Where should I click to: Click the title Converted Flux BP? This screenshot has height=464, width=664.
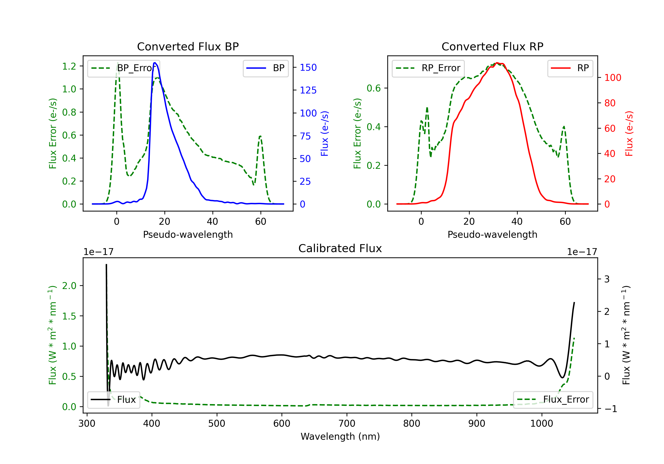coord(188,46)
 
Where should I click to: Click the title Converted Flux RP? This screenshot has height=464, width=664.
coord(492,46)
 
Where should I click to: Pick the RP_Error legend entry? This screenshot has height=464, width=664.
coord(428,68)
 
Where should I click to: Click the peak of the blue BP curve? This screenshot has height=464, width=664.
coord(155,63)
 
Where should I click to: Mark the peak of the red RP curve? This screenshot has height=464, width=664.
coord(497,63)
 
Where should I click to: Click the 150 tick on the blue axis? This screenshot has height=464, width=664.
coord(308,68)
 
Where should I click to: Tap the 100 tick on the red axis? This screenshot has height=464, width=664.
coord(612,78)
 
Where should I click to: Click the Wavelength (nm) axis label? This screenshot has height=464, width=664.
coord(340,436)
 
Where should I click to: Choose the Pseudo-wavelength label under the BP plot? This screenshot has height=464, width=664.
coord(188,234)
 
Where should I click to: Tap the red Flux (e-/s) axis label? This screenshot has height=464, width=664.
coord(629,133)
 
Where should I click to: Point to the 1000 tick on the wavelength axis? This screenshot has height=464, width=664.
coord(541,424)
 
